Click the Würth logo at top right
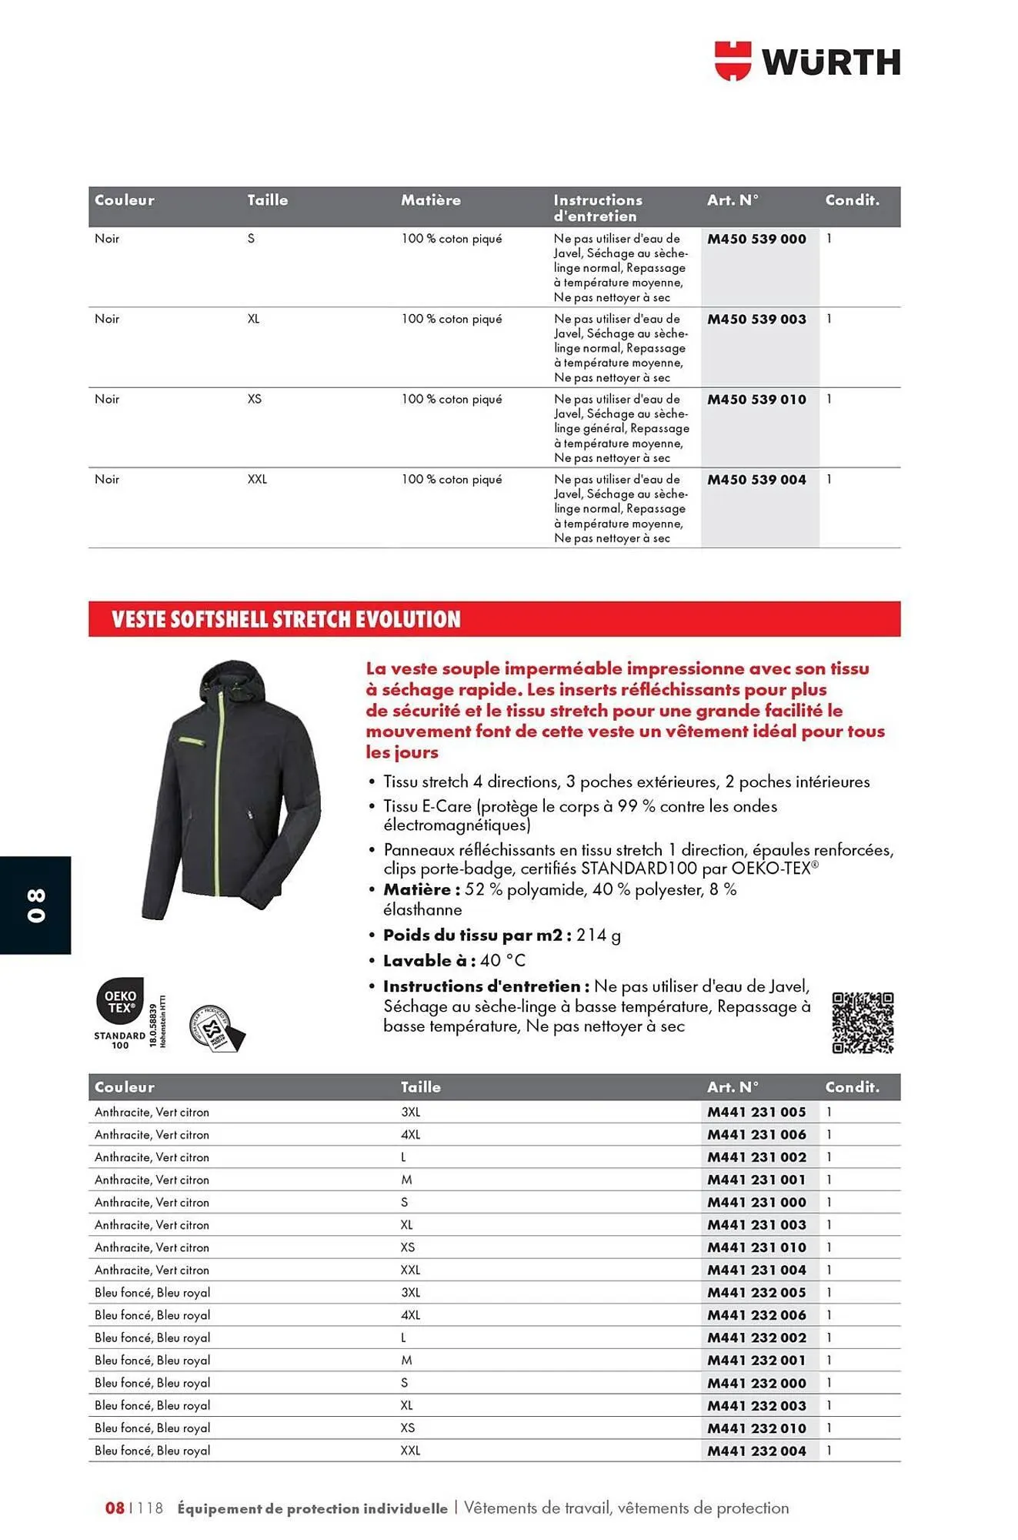tap(807, 62)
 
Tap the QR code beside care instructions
tap(863, 1023)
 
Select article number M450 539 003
tap(756, 320)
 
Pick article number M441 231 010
tap(756, 1247)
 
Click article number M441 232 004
tap(756, 1451)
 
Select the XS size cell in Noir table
tap(255, 399)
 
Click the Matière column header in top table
tap(430, 200)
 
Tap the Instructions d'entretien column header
tap(598, 208)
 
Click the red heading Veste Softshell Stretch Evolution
tap(286, 619)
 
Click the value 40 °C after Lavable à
tap(503, 960)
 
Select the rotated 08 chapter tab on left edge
tap(35, 905)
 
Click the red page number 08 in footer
tap(115, 1508)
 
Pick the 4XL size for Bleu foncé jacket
tap(410, 1315)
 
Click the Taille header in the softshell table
tap(420, 1087)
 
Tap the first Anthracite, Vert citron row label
tap(152, 1112)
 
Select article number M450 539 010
tap(756, 400)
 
